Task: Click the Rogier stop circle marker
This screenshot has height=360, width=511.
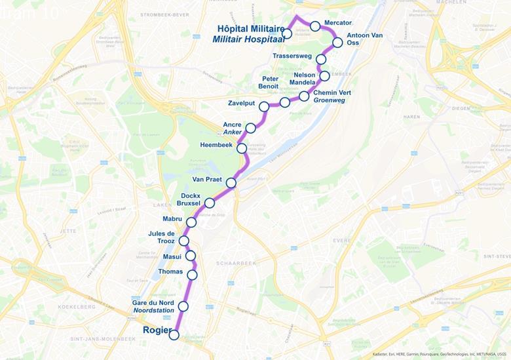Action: pos(174,335)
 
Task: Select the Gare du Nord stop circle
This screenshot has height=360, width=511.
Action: pos(183,306)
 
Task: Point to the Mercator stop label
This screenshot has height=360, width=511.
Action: pos(339,23)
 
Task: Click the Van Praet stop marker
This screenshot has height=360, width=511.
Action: pos(231,183)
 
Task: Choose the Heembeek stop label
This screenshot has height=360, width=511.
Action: pos(216,144)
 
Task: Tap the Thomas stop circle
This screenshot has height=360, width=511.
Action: pos(192,275)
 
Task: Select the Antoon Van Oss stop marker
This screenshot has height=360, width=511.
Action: pos(337,43)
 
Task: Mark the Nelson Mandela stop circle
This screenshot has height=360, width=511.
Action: pos(324,76)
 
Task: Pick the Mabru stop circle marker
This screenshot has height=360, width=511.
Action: pos(191,222)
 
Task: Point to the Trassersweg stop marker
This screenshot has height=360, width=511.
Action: pos(321,60)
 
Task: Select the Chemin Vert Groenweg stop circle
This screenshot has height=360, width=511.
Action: pos(304,96)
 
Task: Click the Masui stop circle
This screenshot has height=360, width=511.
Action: pos(191,256)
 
